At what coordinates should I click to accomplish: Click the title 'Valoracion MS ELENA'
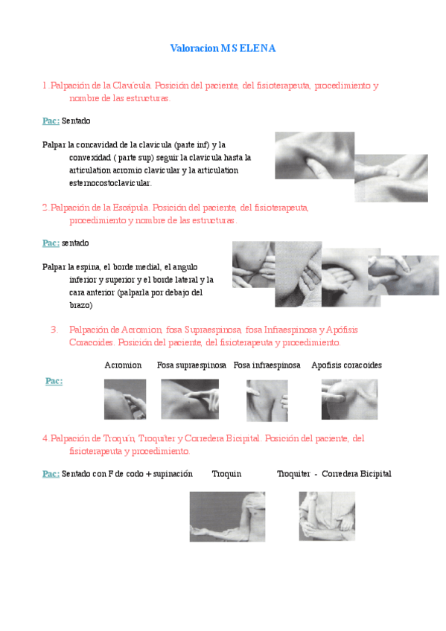tap(223, 48)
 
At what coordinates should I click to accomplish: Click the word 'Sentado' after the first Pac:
tap(76, 121)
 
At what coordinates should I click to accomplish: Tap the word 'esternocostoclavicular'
tap(110, 183)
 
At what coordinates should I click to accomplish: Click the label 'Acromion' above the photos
tap(123, 365)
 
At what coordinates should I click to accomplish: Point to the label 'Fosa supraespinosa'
tap(191, 365)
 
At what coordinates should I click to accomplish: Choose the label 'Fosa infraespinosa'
tap(267, 365)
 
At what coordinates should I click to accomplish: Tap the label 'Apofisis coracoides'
tap(346, 365)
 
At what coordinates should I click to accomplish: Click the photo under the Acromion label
tap(125, 399)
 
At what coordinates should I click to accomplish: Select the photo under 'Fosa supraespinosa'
tap(190, 399)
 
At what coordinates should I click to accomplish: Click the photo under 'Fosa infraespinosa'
tap(267, 401)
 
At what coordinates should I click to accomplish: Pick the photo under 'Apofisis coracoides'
tap(349, 399)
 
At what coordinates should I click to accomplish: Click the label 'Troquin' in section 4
tap(226, 474)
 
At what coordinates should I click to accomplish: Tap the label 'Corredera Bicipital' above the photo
tap(356, 474)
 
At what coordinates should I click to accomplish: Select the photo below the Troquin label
tap(227, 516)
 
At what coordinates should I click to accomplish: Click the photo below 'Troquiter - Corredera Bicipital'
tap(327, 516)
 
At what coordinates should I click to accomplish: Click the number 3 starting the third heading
tap(54, 330)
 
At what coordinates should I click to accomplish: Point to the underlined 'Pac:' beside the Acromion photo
tap(54, 381)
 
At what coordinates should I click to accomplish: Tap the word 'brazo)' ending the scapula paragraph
tap(81, 305)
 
